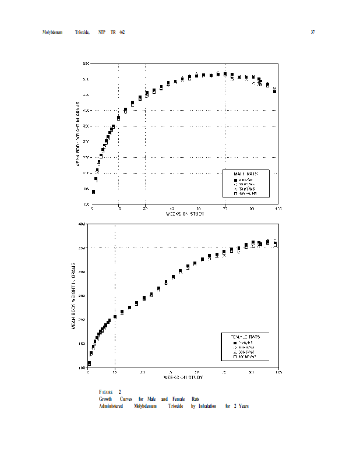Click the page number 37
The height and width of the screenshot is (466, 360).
point(313,31)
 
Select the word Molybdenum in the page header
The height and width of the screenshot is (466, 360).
point(52,31)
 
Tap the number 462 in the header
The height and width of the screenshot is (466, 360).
point(122,31)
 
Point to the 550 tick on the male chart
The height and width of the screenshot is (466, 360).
point(86,63)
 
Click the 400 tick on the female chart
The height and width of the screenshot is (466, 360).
point(82,224)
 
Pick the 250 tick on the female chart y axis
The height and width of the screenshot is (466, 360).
point(82,296)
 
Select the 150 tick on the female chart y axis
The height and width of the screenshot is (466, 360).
point(82,344)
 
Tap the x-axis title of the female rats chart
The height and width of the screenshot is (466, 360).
point(183,377)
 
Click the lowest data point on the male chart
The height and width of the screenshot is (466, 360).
point(93,192)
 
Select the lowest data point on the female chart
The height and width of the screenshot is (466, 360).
point(89,363)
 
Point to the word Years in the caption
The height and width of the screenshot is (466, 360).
point(243,405)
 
